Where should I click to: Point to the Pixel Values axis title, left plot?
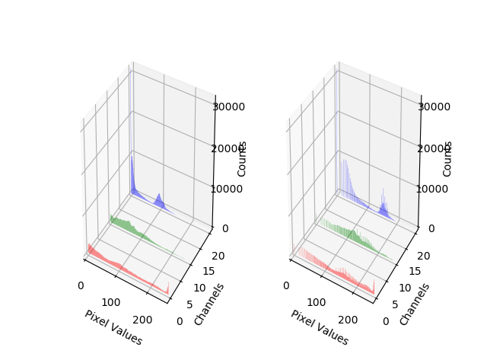tap(113, 327)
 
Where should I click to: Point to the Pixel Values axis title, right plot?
tap(319, 327)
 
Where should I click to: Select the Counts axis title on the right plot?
tap(448, 158)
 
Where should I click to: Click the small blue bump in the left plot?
tap(159, 200)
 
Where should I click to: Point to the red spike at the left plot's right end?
tap(167, 288)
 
